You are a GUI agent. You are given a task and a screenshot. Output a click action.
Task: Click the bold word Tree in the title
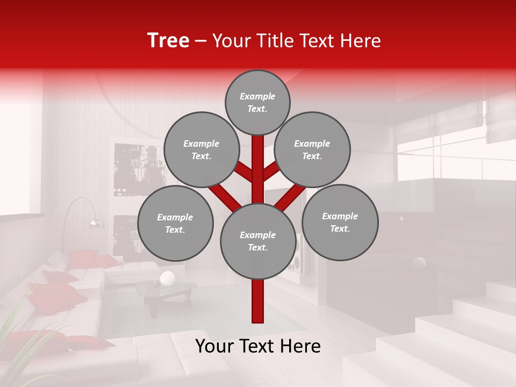tap(168, 41)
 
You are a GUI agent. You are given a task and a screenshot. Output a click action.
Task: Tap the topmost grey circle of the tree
tap(257, 102)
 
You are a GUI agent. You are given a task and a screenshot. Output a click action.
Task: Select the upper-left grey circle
tap(201, 149)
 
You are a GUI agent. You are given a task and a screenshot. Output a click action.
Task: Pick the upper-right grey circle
tap(312, 149)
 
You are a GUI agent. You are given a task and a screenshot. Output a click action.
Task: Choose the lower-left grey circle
tap(175, 223)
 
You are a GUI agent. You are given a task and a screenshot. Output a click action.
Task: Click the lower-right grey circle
tap(340, 222)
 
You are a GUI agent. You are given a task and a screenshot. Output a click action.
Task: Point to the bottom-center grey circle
tap(258, 241)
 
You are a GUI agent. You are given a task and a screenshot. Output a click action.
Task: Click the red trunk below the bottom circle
tap(258, 301)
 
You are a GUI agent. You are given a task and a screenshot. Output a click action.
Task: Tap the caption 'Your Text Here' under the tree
tap(258, 346)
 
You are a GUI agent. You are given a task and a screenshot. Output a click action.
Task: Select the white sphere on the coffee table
tap(168, 278)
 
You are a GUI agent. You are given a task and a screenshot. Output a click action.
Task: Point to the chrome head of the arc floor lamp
tap(96, 223)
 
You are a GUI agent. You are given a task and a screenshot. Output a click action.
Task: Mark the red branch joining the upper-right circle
tap(271, 171)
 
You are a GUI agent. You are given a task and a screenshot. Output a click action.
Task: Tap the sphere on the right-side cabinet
tap(419, 263)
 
